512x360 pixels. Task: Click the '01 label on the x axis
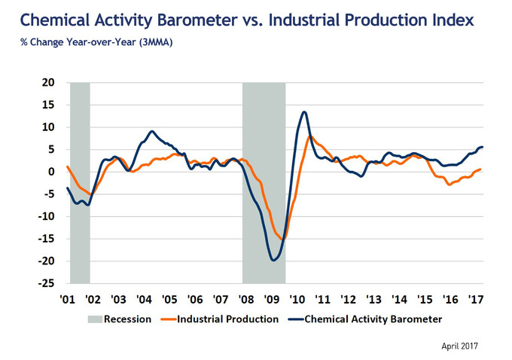click(x=67, y=300)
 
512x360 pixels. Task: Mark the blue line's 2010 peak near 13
click(x=303, y=112)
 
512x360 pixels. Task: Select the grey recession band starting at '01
click(x=80, y=181)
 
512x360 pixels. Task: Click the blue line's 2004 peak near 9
click(x=152, y=131)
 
